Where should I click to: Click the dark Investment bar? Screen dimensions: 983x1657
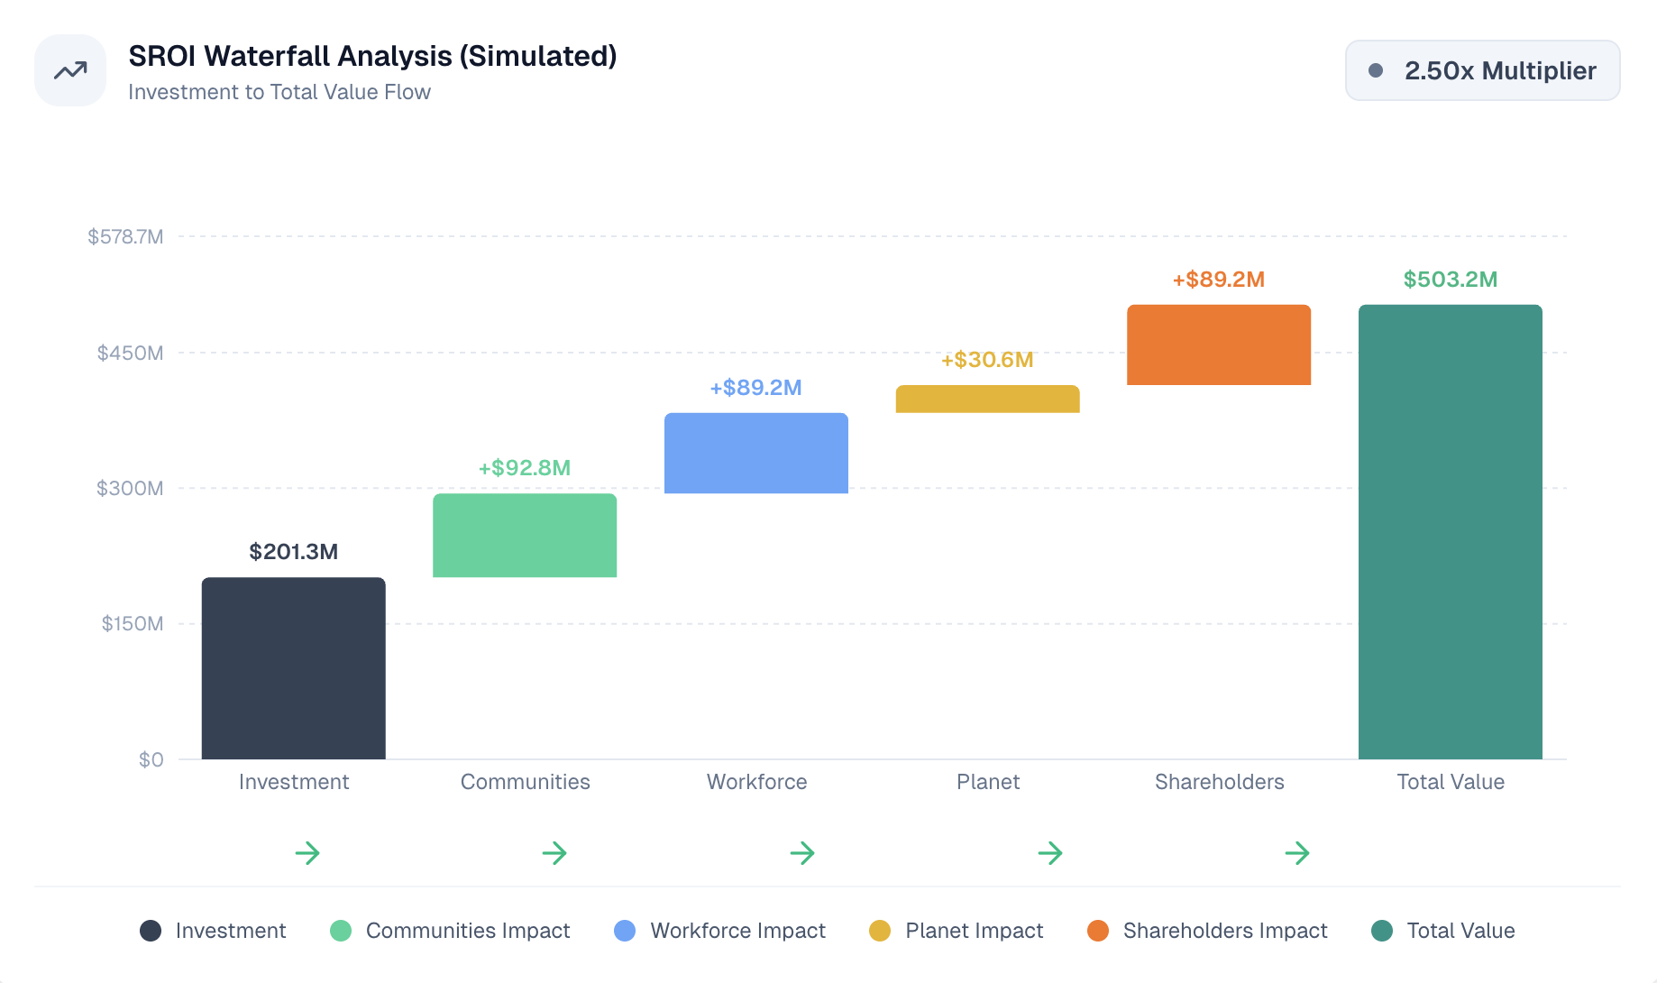(293, 668)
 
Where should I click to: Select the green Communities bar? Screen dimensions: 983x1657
(525, 535)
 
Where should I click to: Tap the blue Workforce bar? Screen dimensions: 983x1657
(756, 453)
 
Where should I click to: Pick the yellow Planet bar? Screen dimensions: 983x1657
(987, 400)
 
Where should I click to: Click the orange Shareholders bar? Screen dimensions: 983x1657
(1219, 345)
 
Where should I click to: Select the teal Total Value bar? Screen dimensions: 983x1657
(1450, 532)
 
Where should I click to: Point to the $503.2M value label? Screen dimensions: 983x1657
(1450, 280)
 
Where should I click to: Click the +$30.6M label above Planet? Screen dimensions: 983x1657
(987, 360)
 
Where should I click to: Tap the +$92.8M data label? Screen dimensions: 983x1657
(525, 468)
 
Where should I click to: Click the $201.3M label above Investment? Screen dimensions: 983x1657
(293, 552)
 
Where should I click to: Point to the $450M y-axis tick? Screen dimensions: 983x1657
(131, 353)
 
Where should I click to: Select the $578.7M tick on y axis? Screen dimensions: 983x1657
(125, 237)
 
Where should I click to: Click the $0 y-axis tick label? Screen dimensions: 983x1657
(151, 759)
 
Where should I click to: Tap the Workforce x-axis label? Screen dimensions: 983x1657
(756, 782)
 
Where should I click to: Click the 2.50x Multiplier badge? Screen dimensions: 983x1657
(1482, 70)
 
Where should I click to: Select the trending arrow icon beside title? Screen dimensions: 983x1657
(70, 70)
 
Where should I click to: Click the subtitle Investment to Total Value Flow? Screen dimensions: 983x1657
(279, 92)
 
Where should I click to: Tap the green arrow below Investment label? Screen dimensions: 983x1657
(307, 853)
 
